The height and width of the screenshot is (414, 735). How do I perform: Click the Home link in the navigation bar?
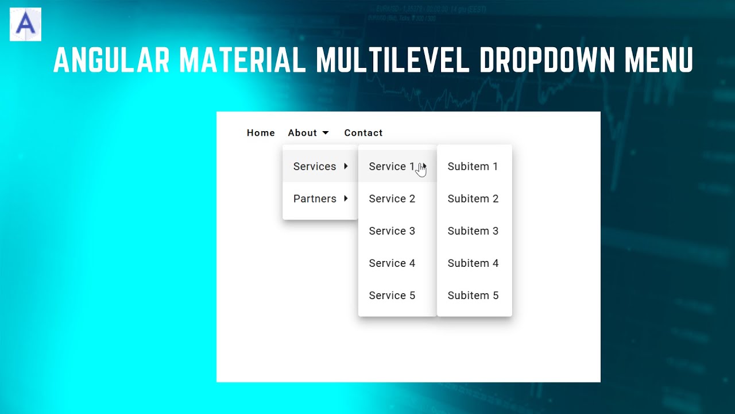[261, 133]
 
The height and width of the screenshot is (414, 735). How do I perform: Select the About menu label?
[302, 133]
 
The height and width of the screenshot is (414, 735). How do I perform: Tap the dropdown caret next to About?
[326, 133]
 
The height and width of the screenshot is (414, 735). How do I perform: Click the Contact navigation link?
[363, 133]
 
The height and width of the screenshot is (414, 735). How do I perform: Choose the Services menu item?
[315, 166]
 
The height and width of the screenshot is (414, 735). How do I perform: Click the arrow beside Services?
[346, 166]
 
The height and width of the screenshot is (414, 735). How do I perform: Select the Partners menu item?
[315, 198]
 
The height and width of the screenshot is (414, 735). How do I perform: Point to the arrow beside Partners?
[346, 198]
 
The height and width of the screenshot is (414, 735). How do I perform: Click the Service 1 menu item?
[392, 166]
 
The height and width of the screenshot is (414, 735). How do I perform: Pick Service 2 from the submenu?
[392, 198]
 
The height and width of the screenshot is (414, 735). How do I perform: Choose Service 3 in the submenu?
[392, 231]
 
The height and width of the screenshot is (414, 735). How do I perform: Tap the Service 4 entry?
[392, 263]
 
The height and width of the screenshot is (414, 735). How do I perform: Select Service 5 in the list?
[392, 295]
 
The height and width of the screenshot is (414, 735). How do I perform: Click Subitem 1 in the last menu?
[473, 166]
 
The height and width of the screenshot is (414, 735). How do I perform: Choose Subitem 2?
[473, 198]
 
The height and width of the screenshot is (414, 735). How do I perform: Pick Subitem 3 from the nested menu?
[473, 231]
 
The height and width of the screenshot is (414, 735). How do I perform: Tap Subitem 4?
[473, 263]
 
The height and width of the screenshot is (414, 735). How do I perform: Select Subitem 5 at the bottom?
[473, 295]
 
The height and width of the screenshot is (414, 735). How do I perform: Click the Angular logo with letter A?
[25, 24]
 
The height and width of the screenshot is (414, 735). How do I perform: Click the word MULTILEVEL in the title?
[394, 60]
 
